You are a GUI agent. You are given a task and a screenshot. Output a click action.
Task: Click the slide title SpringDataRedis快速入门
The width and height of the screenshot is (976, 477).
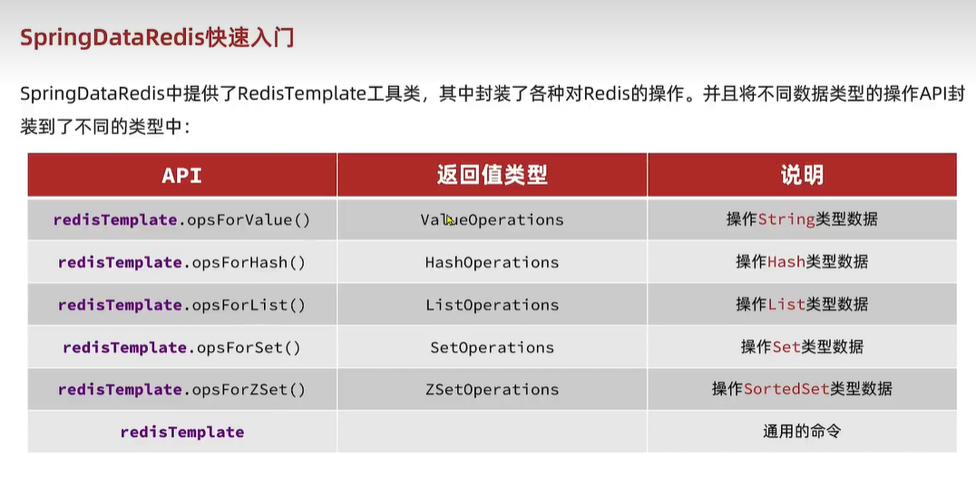(157, 38)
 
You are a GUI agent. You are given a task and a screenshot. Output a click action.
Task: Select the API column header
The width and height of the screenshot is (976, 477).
(181, 175)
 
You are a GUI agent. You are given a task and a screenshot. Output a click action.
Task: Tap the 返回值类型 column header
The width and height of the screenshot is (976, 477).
(492, 175)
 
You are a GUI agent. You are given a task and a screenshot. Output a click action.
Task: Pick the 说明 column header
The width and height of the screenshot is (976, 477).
(802, 175)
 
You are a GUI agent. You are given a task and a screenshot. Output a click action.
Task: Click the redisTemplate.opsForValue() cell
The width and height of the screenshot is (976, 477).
(181, 219)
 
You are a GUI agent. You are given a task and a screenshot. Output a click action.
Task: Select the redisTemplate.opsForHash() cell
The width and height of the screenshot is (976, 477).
(181, 262)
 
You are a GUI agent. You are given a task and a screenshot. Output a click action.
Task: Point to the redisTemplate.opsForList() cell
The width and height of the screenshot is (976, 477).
(181, 305)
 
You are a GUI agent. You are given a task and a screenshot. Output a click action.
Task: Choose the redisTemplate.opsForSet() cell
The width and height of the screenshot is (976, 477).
(181, 347)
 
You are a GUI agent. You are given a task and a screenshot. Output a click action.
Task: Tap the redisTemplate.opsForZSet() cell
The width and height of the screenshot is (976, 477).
(181, 390)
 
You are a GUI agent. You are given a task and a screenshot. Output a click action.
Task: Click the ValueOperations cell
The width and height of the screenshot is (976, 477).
(492, 219)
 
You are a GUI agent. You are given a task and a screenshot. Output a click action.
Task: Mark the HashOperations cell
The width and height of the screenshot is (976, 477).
(492, 262)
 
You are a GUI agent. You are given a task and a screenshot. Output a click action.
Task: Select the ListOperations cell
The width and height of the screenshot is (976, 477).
(492, 305)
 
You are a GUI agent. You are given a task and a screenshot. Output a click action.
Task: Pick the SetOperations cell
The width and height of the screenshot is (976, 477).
(492, 347)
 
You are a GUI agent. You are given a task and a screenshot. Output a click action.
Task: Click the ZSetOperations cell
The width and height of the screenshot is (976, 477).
(492, 390)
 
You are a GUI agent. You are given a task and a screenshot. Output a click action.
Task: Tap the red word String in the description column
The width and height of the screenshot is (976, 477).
(786, 219)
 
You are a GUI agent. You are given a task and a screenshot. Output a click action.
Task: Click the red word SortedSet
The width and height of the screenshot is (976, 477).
(786, 390)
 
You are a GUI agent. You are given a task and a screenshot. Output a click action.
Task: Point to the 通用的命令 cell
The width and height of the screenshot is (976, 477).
(802, 432)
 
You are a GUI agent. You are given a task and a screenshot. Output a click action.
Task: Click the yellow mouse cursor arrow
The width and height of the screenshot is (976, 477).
(450, 220)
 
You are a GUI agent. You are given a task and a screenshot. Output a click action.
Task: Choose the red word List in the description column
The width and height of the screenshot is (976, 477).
(786, 305)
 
